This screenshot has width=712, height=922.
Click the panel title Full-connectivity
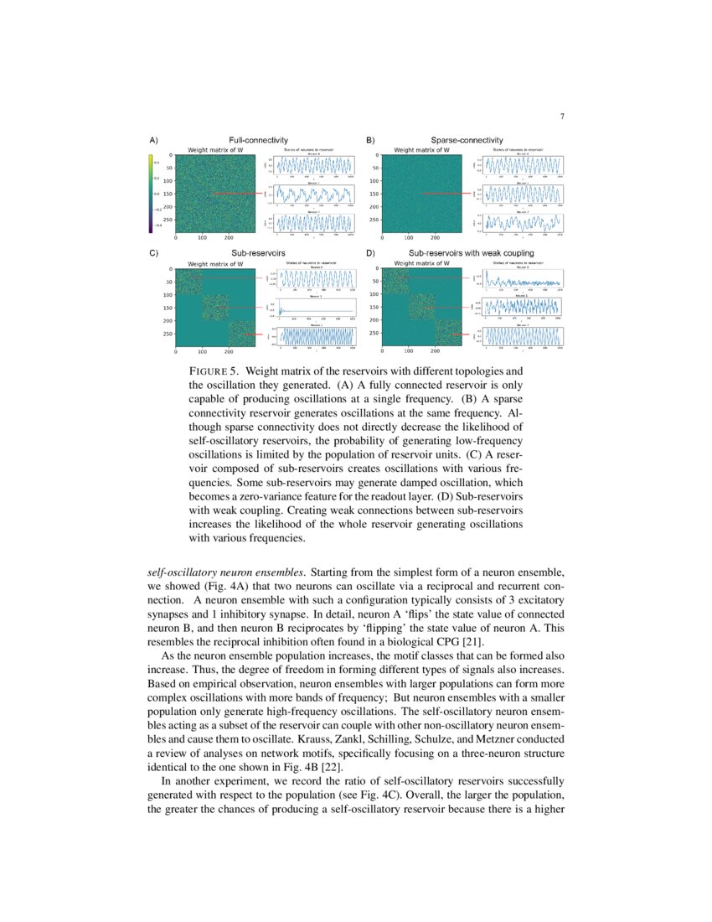click(x=258, y=139)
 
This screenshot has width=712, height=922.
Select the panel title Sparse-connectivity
click(x=467, y=139)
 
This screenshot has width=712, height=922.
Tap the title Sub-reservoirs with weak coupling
click(x=471, y=252)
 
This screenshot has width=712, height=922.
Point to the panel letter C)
click(x=154, y=252)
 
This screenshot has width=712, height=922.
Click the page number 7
click(x=561, y=116)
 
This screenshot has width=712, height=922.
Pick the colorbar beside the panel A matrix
click(x=150, y=193)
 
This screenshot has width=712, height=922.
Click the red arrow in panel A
click(x=240, y=194)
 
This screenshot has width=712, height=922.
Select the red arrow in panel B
click(x=446, y=194)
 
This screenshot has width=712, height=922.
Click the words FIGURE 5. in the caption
click(x=215, y=370)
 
